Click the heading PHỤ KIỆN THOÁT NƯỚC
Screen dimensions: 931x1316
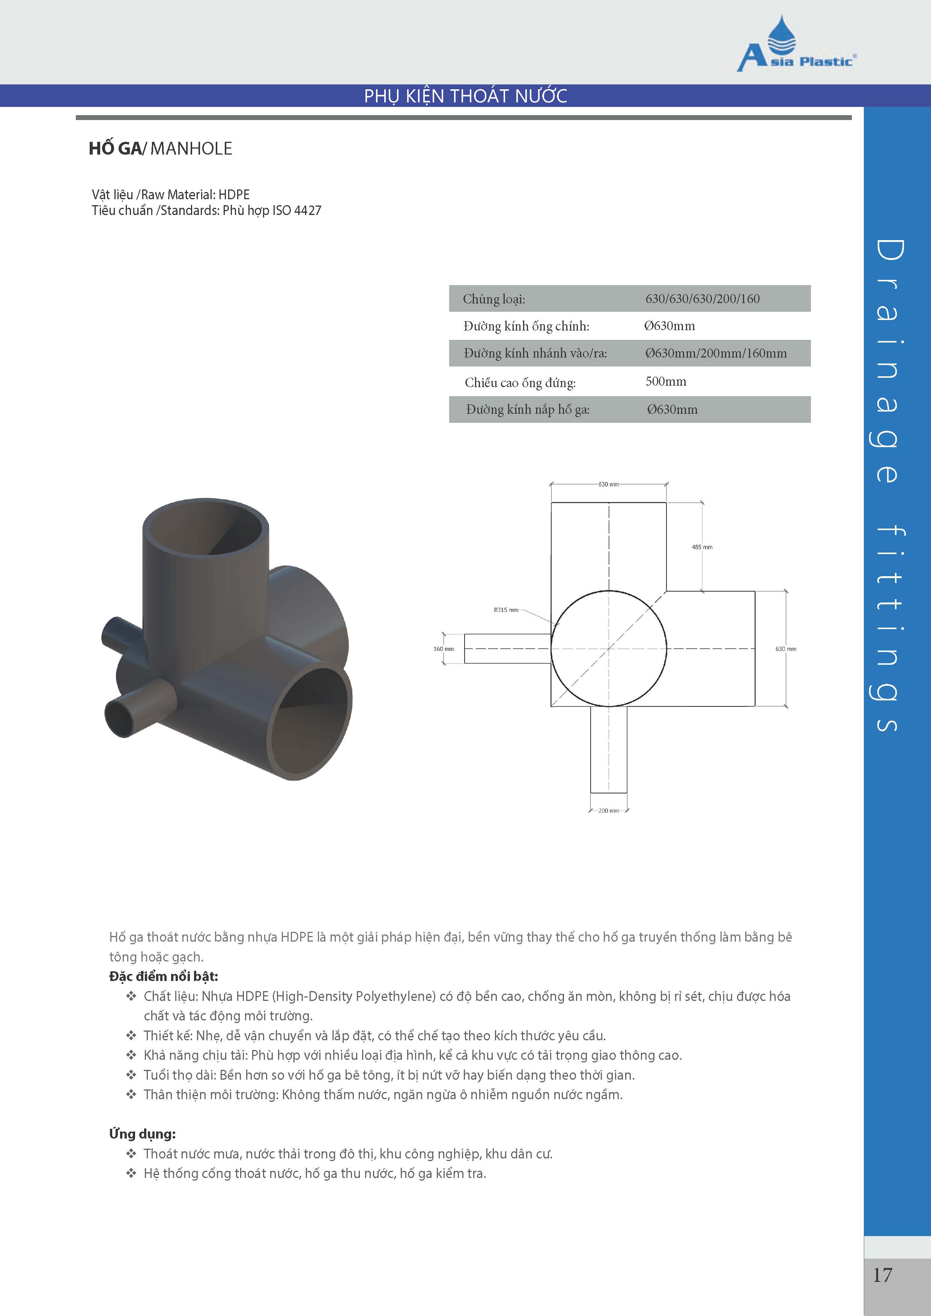coord(465,96)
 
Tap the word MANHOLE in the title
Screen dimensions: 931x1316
coord(191,149)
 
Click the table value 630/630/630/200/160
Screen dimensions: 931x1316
coord(702,299)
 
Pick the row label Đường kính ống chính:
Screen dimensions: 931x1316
coord(526,326)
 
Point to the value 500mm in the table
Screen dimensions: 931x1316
coord(666,381)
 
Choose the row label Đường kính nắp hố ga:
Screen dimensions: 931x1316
coord(527,409)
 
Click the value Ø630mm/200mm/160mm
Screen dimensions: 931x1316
coord(716,353)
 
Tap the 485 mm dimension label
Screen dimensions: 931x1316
coord(702,547)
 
